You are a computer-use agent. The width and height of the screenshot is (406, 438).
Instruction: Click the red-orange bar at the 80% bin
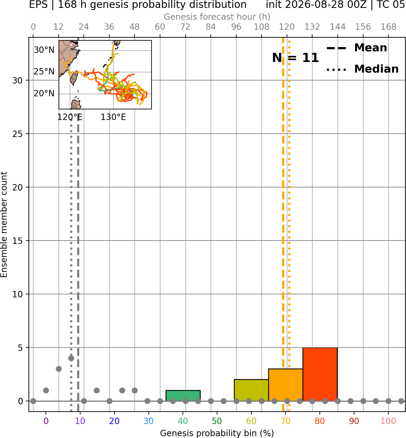tap(320, 374)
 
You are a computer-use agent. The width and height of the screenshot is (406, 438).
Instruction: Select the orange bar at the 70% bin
tap(285, 385)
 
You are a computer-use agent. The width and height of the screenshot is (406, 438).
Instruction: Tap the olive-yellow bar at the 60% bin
tap(251, 390)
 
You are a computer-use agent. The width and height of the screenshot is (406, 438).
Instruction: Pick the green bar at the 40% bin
tap(183, 395)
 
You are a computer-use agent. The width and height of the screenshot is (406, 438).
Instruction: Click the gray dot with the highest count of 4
tap(71, 358)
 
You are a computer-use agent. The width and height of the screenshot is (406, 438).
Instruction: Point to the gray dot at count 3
tap(59, 369)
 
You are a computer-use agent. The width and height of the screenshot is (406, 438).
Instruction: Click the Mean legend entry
tap(357, 48)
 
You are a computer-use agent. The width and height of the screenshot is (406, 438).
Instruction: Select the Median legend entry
tap(362, 69)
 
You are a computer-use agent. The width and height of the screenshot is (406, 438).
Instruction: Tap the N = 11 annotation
tap(295, 58)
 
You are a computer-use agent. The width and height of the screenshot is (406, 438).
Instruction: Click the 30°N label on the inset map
tap(44, 50)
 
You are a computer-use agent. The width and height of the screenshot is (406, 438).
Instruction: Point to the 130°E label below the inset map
tap(113, 117)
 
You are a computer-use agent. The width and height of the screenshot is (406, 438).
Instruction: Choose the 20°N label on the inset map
tap(44, 94)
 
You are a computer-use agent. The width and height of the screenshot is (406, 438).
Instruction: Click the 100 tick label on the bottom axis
tap(388, 421)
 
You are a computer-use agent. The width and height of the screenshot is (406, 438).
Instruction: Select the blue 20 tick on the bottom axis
tap(114, 421)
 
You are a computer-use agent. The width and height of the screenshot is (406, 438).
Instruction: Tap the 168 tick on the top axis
tap(388, 27)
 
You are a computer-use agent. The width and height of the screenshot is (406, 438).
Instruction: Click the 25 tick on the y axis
tap(17, 134)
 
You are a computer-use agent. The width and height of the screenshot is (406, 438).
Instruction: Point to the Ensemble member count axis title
tap(4, 224)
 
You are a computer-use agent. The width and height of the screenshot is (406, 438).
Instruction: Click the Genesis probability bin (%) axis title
tap(217, 433)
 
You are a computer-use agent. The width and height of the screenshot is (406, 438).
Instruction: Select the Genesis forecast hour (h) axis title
tap(217, 17)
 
